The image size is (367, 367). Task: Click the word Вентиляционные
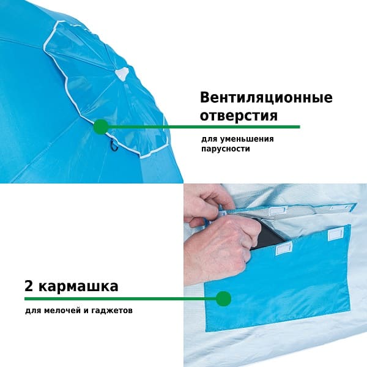pyautogui.click(x=266, y=98)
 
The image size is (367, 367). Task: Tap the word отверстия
pyautogui.click(x=239, y=116)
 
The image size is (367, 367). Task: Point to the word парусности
pyautogui.click(x=226, y=149)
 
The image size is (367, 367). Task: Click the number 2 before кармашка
pyautogui.click(x=29, y=286)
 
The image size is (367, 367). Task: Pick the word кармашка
pyautogui.click(x=78, y=286)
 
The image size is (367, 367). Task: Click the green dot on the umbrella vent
pyautogui.click(x=101, y=127)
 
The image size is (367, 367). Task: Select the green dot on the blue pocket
pyautogui.click(x=223, y=299)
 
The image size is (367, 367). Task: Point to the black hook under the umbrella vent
pyautogui.click(x=114, y=145)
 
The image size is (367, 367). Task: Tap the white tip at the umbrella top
pyautogui.click(x=122, y=73)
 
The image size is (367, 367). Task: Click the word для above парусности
pyautogui.click(x=207, y=139)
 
